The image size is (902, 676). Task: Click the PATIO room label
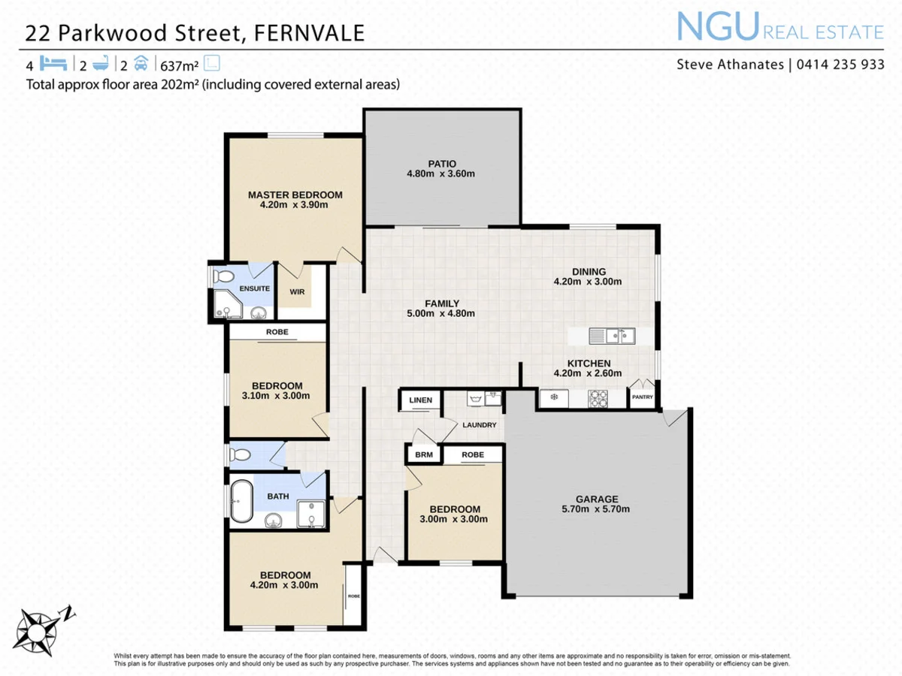[442, 164]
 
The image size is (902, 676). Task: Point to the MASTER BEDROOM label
[295, 195]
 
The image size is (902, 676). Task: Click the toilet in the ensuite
[223, 277]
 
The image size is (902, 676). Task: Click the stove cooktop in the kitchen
[598, 398]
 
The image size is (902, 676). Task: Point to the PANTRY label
[643, 397]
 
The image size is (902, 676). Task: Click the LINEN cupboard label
[421, 400]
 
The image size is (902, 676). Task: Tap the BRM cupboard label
[419, 455]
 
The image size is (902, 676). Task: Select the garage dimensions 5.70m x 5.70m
[597, 509]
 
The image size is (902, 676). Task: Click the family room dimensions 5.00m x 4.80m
[441, 314]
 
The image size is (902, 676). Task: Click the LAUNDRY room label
[479, 425]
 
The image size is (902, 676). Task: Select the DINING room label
[589, 272]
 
